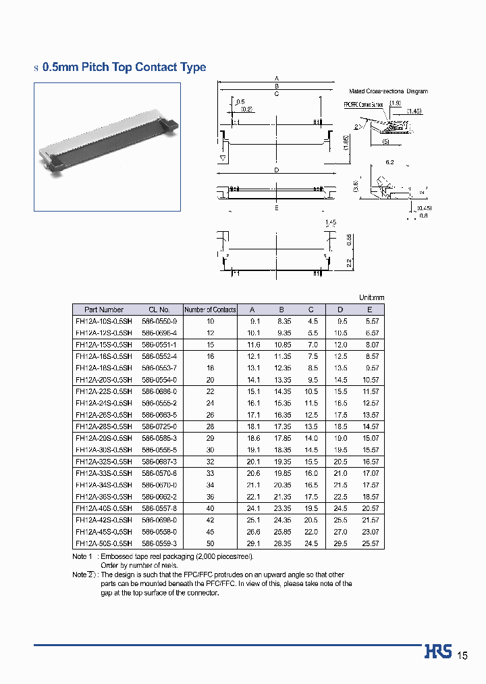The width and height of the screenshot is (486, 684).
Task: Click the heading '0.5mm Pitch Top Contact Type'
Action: coord(124,68)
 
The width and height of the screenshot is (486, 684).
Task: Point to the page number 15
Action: coord(462,656)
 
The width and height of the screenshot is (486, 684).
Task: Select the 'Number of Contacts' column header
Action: coord(210,310)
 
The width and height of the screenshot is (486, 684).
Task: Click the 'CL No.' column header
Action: coord(159,310)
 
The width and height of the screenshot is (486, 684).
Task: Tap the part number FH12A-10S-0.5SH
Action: coord(104,321)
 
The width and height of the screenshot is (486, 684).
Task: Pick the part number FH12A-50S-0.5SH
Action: coord(104,543)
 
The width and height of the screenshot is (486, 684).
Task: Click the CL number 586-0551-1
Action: coord(159,345)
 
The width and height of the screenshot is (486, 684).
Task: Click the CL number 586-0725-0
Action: coord(159,426)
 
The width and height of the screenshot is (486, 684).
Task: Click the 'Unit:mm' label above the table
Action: coord(371,297)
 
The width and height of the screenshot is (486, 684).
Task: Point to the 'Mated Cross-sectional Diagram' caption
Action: coord(388,91)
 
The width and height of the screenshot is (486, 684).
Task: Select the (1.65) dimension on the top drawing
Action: coord(346,143)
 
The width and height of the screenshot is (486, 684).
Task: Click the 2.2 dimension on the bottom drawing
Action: coord(349,263)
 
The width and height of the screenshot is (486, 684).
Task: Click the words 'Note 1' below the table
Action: coord(80,556)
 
